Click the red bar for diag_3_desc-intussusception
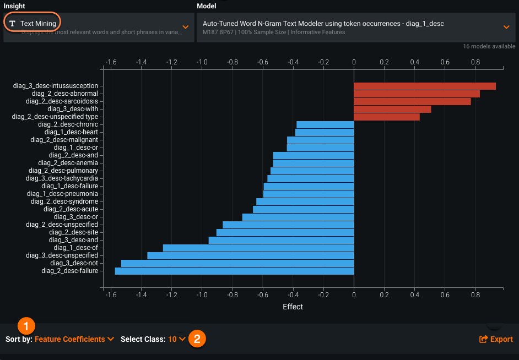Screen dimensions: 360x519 tap(424, 86)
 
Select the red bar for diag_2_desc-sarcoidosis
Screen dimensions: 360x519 tap(412, 101)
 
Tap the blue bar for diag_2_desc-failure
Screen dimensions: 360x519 tap(234, 271)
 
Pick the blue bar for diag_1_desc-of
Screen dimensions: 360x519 tap(258, 248)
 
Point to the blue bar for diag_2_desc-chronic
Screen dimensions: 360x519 tap(325, 124)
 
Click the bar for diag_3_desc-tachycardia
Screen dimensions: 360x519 tap(311, 178)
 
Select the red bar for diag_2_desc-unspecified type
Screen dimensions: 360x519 tap(386, 117)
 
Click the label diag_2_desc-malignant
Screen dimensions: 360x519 tap(64, 140)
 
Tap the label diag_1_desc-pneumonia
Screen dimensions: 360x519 tap(62, 194)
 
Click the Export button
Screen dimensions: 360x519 tap(496, 339)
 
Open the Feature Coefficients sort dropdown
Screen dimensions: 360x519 tap(74, 339)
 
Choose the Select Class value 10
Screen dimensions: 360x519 tap(177, 339)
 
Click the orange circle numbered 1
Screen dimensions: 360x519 tap(26, 324)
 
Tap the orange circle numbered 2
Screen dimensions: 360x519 tap(197, 339)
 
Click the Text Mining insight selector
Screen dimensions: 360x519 tap(33, 24)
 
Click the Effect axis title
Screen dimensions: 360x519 tap(293, 307)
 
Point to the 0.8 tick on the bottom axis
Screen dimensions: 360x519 tap(475, 296)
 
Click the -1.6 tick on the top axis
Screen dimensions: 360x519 tap(111, 62)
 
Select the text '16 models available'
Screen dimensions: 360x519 tap(489, 47)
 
